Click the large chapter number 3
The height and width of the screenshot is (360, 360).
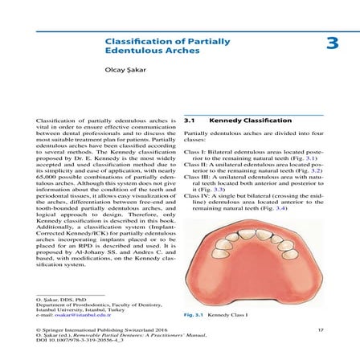(330, 43)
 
